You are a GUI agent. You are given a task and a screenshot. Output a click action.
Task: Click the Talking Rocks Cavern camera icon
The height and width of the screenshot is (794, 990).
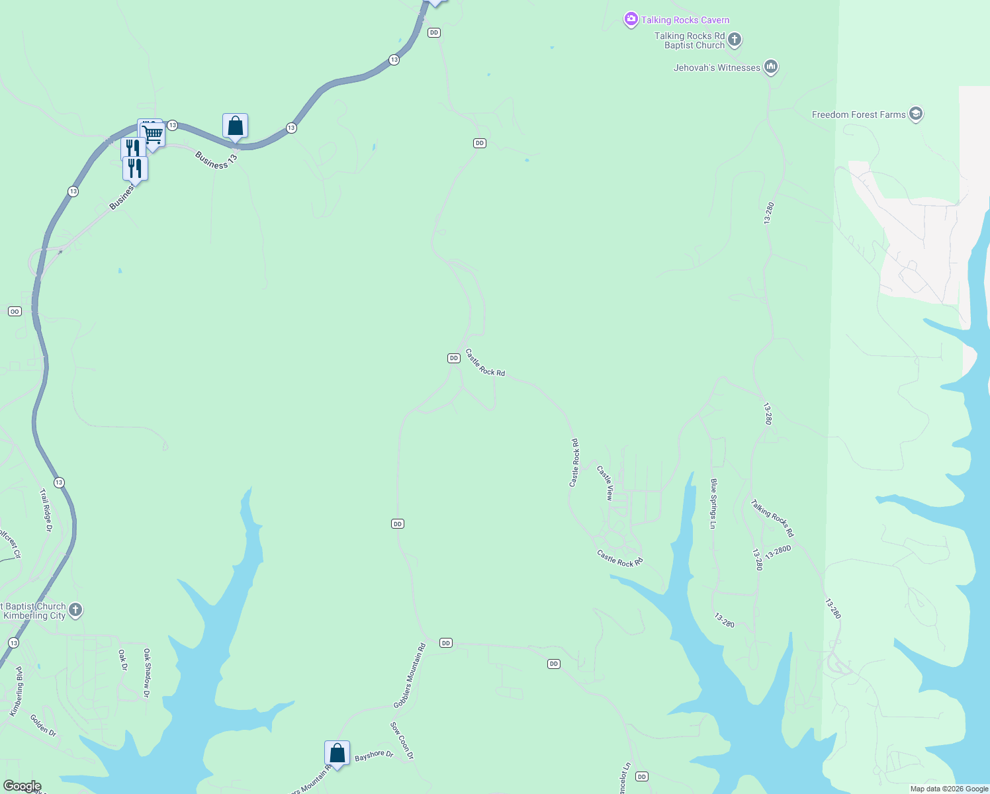coord(631,20)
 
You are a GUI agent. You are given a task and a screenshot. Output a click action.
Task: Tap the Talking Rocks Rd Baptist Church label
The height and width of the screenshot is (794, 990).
coord(690,40)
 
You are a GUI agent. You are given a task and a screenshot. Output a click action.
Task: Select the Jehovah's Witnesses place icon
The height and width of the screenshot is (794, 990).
coord(770,67)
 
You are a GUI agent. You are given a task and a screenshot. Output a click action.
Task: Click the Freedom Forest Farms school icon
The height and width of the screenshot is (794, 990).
coord(916,114)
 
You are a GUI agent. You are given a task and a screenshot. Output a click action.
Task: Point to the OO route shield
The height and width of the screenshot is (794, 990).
coord(15,311)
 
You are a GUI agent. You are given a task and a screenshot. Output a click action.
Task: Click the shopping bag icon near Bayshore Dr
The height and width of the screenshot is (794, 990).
coord(337,753)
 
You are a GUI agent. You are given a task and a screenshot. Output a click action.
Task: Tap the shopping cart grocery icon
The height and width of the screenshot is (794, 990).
coord(154,134)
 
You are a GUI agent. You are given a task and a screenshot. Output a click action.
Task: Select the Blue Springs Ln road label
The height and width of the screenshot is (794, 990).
coord(713,504)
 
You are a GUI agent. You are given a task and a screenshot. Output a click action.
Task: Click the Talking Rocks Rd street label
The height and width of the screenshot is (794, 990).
coord(772,518)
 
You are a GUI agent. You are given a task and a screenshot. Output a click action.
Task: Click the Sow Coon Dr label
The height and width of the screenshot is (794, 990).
coord(402,740)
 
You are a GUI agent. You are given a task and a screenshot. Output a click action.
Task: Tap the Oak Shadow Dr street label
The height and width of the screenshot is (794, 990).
coord(147,673)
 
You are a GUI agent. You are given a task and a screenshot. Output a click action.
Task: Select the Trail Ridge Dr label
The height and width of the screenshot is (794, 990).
coord(46,510)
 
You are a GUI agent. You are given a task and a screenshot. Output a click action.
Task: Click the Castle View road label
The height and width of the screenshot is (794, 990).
coord(606,483)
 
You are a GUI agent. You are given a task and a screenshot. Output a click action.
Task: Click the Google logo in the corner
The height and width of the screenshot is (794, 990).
coord(22,786)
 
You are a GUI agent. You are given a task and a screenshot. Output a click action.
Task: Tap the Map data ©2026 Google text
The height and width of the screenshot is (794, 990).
coord(948,789)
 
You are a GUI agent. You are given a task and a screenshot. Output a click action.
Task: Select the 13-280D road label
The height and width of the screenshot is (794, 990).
coord(778,552)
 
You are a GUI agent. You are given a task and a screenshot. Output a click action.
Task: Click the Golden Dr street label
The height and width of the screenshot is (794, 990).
coord(43,725)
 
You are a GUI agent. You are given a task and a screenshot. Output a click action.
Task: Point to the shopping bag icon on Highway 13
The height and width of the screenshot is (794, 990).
coord(235,125)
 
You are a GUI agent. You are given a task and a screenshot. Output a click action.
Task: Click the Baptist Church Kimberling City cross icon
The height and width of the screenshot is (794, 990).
coord(75,610)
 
